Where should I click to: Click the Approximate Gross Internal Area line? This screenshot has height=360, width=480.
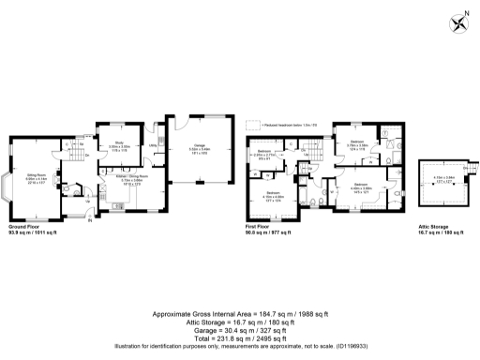click(240, 312)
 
